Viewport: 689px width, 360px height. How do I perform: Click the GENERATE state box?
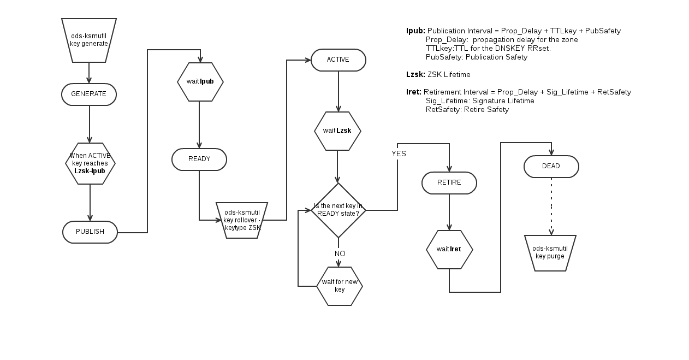[x=89, y=95]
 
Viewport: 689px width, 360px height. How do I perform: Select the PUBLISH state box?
[x=90, y=232]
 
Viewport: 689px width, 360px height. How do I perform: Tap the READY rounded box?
[x=199, y=160]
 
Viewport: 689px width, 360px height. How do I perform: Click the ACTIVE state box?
[x=338, y=60]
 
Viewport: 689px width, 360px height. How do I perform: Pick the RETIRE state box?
[x=449, y=183]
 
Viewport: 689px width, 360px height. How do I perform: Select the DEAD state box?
[x=551, y=167]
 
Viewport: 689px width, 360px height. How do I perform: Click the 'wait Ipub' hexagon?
[x=200, y=82]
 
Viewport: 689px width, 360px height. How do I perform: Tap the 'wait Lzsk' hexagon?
[x=337, y=131]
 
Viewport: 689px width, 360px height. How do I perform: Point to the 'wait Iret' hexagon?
[x=449, y=250]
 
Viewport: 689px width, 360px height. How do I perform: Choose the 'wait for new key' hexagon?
[x=340, y=286]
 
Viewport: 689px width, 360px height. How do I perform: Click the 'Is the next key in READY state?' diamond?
[x=338, y=210]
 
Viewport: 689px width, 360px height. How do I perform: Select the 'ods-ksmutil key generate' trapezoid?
[x=89, y=40]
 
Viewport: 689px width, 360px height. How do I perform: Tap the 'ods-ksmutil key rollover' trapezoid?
[x=242, y=220]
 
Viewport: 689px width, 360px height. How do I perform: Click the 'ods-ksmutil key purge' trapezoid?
[x=550, y=253]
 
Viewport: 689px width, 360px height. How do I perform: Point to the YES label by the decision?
[x=399, y=154]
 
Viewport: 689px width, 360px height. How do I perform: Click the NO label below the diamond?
[x=340, y=254]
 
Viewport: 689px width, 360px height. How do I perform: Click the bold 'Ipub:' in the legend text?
[x=415, y=31]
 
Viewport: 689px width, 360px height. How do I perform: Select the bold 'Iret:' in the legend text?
[x=414, y=92]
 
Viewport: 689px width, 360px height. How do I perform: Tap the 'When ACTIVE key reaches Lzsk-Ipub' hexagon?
[x=90, y=163]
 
